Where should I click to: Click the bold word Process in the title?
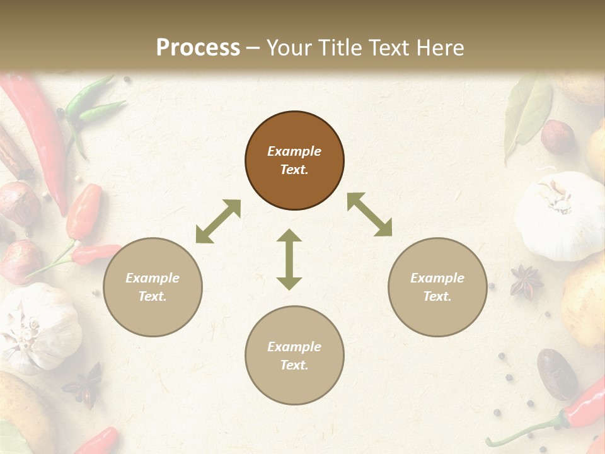[x=198, y=48]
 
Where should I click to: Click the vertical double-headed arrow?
[x=289, y=259]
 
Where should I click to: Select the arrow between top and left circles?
[x=218, y=221]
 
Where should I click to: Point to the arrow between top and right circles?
[x=369, y=214]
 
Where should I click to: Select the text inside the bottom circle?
[x=294, y=356]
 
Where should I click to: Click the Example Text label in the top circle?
[x=294, y=160]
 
